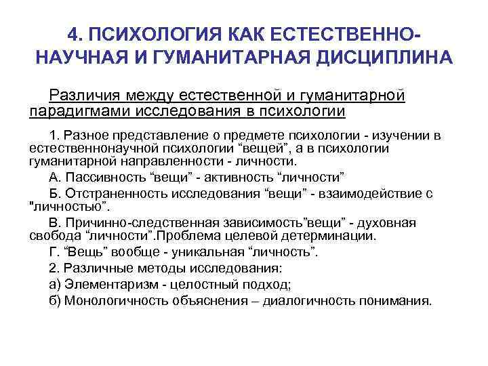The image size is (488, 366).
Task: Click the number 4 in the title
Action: [x=75, y=34]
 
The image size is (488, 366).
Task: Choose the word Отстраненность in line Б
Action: [x=112, y=193]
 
